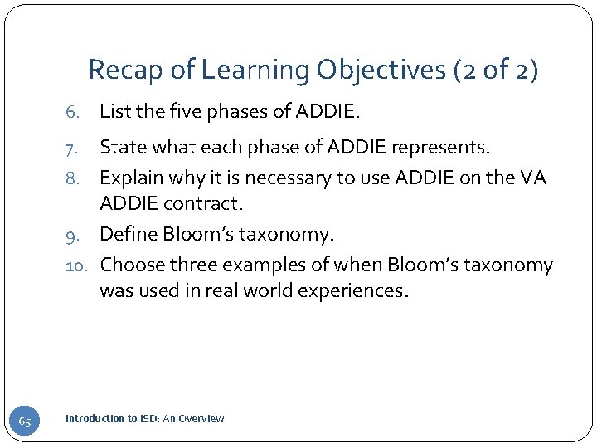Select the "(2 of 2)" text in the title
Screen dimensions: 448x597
click(x=496, y=70)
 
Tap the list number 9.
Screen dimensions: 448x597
click(x=72, y=236)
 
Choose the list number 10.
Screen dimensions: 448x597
click(x=76, y=265)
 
